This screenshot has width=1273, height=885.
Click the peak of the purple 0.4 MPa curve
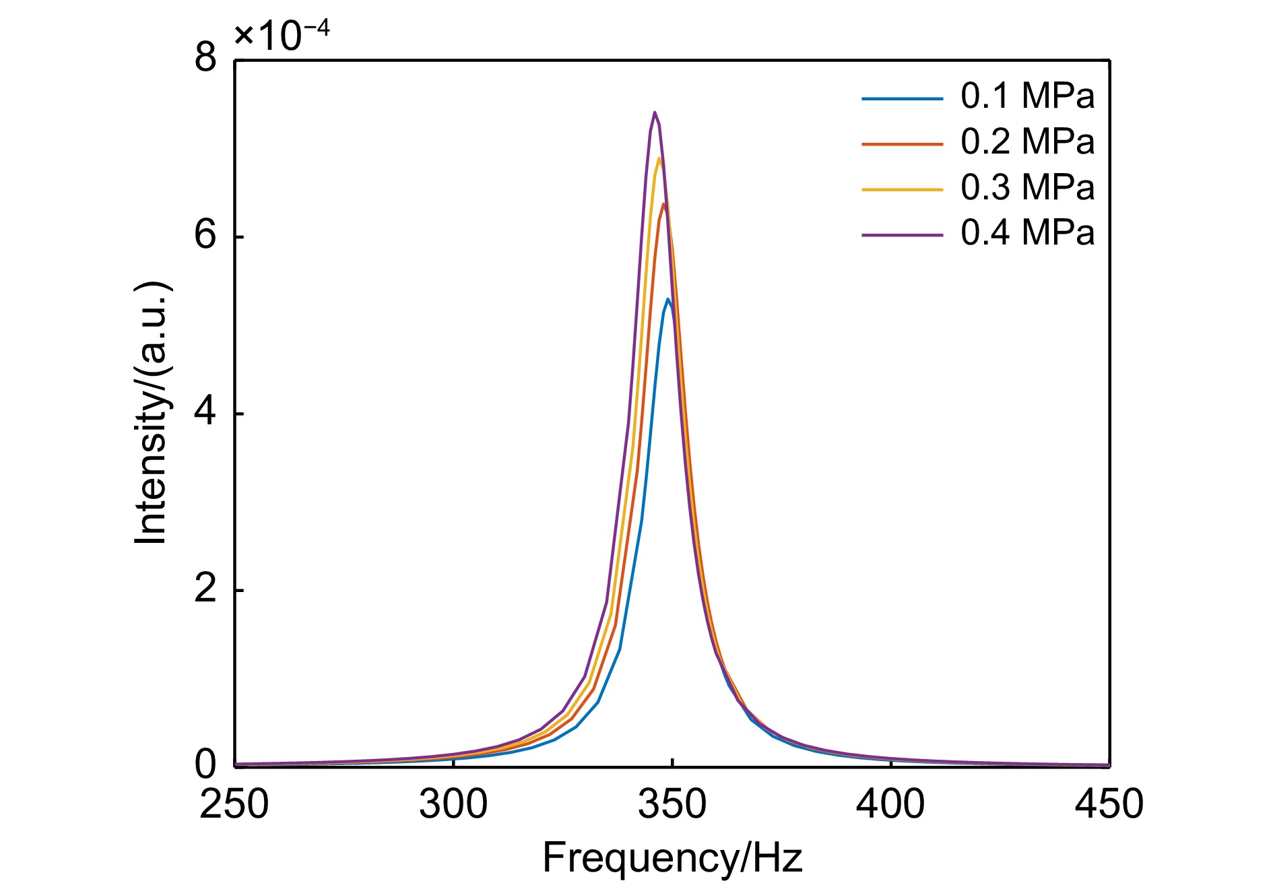click(654, 112)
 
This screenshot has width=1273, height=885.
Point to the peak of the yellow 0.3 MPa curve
click(659, 158)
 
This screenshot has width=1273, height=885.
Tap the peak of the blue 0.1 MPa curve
click(667, 299)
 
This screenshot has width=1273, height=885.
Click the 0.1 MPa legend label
click(1027, 96)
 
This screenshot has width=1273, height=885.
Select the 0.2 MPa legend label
click(1027, 141)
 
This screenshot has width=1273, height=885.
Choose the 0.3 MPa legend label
click(1027, 187)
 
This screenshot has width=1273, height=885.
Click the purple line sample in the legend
click(902, 235)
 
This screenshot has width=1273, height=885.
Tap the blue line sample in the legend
click(902, 99)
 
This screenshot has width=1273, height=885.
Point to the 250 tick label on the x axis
click(234, 804)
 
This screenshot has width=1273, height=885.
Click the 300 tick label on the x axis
click(453, 804)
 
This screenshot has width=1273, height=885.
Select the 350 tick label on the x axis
click(672, 804)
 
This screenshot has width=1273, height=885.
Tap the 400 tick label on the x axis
click(890, 804)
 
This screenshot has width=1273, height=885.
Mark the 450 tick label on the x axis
click(1109, 804)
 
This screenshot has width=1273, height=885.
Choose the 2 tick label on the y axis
click(205, 589)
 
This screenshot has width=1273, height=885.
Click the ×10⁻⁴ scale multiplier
click(282, 36)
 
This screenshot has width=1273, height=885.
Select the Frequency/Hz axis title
click(672, 858)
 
